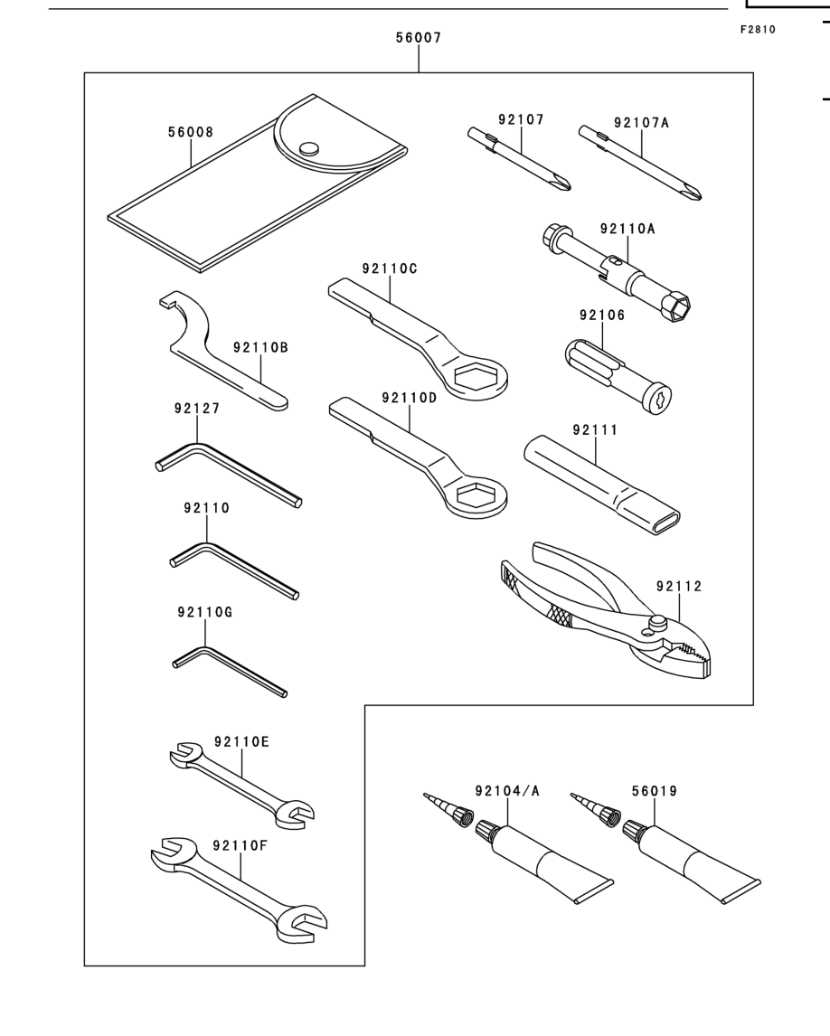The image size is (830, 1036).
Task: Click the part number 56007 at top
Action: (x=419, y=38)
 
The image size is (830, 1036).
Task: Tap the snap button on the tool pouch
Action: (x=308, y=149)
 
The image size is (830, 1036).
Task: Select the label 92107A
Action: (x=641, y=122)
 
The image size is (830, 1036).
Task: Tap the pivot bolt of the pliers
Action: (x=656, y=621)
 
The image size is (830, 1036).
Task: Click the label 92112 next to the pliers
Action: (x=679, y=586)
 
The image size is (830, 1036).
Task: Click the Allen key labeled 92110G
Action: (x=228, y=670)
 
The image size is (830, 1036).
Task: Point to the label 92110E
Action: (x=241, y=741)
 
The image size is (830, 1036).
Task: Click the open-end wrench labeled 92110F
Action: (x=239, y=890)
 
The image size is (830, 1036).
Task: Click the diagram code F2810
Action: (x=758, y=29)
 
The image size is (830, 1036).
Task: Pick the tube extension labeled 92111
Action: (x=601, y=485)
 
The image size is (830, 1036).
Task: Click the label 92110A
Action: (x=627, y=229)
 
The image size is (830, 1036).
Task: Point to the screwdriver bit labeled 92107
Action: (x=519, y=158)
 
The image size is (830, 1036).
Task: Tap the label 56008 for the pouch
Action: (x=190, y=131)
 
